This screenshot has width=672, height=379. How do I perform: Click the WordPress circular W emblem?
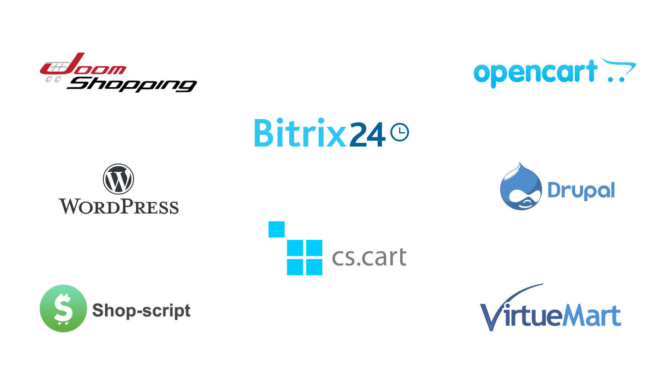(118, 179)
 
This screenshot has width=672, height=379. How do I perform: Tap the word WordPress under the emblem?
(118, 206)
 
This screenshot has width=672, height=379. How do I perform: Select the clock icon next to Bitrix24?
(400, 132)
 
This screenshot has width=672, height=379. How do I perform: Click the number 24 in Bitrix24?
(368, 134)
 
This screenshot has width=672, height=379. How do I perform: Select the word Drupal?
(581, 191)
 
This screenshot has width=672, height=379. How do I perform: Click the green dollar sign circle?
(63, 308)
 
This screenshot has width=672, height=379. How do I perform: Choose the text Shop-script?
(141, 311)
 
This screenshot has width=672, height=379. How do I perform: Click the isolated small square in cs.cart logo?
(276, 229)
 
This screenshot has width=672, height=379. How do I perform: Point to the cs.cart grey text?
(370, 257)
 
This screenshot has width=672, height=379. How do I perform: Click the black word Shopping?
(132, 85)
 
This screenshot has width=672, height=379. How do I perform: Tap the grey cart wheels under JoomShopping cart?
(53, 79)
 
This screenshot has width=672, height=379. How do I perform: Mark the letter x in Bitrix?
(336, 137)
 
